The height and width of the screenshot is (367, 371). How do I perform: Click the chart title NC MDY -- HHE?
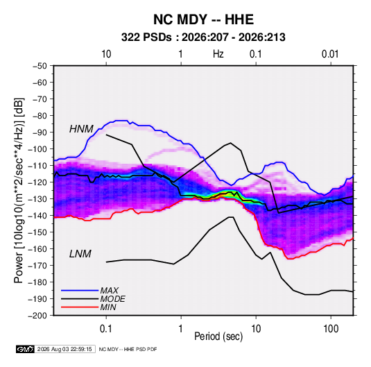(203, 19)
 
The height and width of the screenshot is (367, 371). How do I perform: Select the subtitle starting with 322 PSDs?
(203, 37)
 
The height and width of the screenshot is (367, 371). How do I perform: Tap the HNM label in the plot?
(81, 129)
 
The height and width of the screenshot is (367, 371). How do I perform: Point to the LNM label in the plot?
(80, 254)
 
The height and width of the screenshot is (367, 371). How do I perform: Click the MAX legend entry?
(109, 290)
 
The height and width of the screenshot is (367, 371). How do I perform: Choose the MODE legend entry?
(112, 299)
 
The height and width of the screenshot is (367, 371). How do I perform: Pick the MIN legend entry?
(108, 307)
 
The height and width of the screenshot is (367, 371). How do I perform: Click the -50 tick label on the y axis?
(40, 66)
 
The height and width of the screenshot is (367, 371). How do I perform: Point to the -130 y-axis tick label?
(37, 199)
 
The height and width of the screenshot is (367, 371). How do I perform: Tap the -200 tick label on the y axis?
(37, 316)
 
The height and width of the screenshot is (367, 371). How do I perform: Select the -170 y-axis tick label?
(37, 266)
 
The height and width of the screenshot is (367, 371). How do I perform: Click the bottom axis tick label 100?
(331, 329)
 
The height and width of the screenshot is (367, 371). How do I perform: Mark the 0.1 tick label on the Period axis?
(106, 329)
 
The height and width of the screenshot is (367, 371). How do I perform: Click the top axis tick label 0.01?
(330, 54)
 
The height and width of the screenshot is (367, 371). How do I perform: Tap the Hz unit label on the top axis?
(218, 54)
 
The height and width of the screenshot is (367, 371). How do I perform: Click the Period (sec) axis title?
(218, 336)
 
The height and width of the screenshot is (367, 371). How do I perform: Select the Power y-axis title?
(19, 190)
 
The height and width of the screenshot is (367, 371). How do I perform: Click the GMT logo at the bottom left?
(26, 349)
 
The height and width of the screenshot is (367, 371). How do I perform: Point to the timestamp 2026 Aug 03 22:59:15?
(64, 349)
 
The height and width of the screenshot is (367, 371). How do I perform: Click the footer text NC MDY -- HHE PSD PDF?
(128, 349)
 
